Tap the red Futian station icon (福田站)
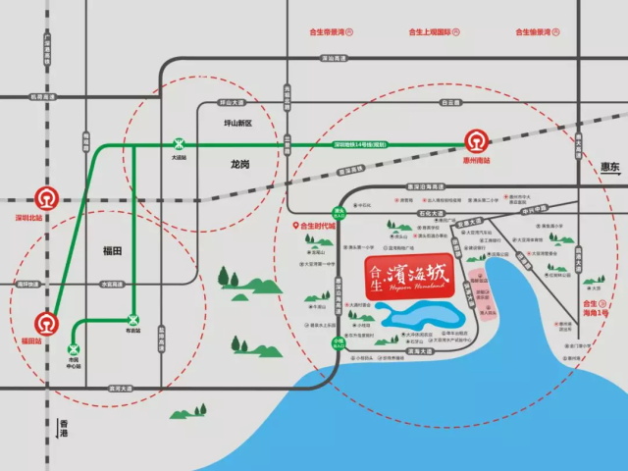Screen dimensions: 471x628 (46, 322)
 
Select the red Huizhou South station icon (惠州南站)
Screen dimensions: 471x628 (476, 140)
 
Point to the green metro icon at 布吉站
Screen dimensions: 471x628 (133, 319)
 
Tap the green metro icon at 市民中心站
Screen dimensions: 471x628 (73, 349)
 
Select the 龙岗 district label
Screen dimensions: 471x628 (241, 163)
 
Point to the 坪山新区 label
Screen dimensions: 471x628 (237, 124)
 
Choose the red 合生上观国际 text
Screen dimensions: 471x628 (423, 32)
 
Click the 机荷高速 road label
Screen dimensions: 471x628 (44, 97)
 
